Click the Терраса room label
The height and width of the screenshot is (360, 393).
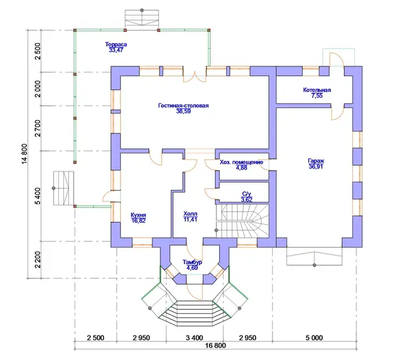(116, 44)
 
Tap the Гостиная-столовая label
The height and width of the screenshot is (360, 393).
(184, 106)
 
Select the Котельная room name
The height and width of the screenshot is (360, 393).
(317, 90)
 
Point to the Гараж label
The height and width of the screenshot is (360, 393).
(316, 161)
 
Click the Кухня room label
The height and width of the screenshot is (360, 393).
(138, 215)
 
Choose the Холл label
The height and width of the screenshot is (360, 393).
(190, 214)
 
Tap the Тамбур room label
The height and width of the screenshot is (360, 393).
(192, 262)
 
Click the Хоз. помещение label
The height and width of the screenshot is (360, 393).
(241, 162)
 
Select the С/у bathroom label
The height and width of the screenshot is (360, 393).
(246, 194)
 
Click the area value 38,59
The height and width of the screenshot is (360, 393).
(184, 111)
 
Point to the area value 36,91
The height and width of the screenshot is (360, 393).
(316, 166)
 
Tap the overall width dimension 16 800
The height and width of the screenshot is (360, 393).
(216, 345)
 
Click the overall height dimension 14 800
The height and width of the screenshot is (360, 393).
(25, 154)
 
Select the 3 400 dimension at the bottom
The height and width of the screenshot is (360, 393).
(195, 338)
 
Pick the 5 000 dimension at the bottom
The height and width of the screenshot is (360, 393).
(314, 338)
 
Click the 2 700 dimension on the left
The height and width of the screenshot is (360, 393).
(37, 128)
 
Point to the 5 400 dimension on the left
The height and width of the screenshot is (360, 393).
(37, 196)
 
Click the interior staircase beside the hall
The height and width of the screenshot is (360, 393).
(243, 221)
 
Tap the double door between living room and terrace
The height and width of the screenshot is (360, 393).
(195, 76)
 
